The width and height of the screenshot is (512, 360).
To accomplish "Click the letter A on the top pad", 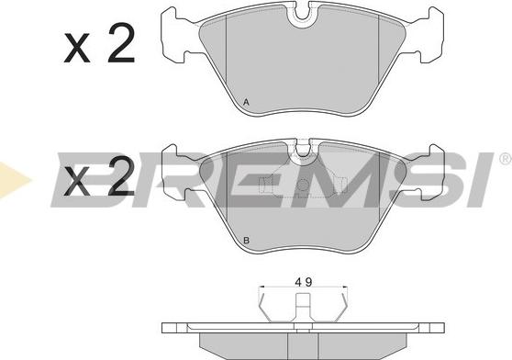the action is [246, 103].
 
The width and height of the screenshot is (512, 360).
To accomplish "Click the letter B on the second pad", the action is [246, 241].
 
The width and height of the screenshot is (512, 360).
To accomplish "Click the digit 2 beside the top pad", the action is [121, 43].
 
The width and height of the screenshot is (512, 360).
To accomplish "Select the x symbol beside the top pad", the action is [77, 48].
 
